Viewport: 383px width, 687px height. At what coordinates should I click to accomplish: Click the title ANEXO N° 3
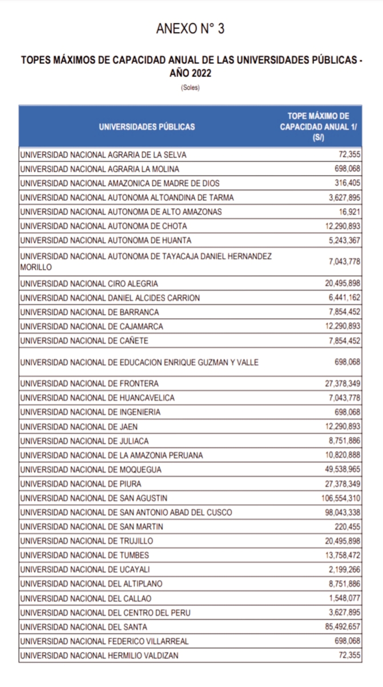point(190,30)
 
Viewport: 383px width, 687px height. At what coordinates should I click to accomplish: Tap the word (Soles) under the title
point(191,88)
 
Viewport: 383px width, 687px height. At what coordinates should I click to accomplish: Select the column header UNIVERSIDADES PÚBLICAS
point(147,127)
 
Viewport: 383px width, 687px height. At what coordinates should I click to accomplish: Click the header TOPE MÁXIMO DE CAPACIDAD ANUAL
point(318,127)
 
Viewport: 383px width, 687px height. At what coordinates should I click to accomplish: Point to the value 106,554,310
point(341,498)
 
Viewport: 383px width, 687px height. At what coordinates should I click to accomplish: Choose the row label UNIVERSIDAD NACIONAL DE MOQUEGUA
point(90,470)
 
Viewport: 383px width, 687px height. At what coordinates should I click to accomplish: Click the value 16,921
point(348,212)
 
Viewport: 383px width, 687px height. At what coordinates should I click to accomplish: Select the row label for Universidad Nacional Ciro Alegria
point(89,283)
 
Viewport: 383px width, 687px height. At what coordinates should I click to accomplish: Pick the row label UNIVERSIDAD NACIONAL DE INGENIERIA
point(90,412)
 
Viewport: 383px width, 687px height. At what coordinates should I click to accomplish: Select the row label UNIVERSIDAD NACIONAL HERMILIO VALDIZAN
point(99,656)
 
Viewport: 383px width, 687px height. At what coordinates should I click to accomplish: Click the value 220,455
point(348,527)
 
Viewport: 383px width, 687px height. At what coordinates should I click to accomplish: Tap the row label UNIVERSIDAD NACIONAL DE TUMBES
point(84,555)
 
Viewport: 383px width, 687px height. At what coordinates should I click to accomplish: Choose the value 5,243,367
point(345,240)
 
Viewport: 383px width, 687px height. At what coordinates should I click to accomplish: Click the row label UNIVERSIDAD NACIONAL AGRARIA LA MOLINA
point(99,169)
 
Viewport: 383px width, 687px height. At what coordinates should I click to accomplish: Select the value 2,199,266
point(345,570)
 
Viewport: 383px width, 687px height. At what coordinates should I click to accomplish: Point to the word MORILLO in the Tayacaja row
point(36,267)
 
